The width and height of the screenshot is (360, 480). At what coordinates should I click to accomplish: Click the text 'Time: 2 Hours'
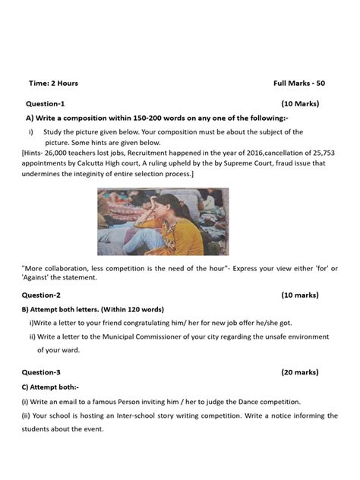53,83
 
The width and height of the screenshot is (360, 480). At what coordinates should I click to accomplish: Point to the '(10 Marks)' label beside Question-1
300,103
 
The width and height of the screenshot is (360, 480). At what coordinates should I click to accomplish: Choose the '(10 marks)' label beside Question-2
300,295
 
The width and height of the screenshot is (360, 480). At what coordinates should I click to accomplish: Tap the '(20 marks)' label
300,372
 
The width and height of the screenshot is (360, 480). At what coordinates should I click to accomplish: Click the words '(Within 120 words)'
127,309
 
